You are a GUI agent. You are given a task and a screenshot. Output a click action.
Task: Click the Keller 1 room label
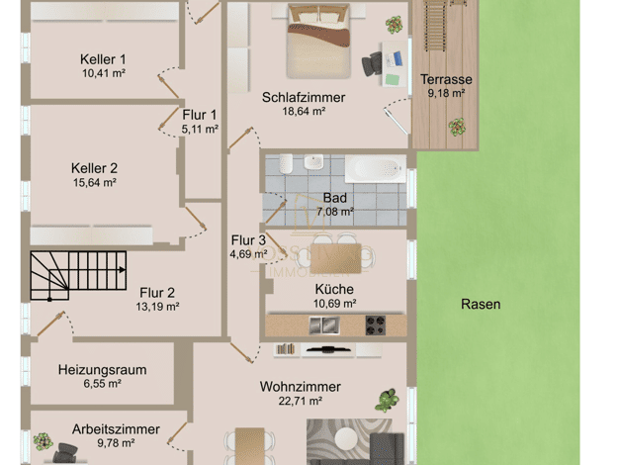103,59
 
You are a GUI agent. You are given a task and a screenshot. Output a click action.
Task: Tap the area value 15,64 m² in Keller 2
94,182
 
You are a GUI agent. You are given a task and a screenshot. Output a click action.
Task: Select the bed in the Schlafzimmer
319,42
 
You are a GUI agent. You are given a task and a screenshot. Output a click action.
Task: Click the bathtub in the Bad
376,169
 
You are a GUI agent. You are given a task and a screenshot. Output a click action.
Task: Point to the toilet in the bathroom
286,163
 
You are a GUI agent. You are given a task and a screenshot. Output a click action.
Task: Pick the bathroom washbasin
313,161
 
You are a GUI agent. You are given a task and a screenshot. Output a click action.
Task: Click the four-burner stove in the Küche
375,325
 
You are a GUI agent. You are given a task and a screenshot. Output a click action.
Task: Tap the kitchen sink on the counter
323,325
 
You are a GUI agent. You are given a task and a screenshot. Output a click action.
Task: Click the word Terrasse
446,79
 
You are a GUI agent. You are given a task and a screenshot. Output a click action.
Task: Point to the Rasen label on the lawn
481,304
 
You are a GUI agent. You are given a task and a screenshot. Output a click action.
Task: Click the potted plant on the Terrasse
457,128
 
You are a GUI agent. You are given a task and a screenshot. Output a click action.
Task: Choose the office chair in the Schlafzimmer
372,64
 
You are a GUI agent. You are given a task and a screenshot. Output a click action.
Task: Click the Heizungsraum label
102,370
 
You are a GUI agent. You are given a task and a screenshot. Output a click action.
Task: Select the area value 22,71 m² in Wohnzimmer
300,401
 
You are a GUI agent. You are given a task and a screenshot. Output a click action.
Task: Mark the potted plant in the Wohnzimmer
387,401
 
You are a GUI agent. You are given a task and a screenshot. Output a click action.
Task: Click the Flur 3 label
248,240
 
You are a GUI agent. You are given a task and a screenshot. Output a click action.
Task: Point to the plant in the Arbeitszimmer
43,441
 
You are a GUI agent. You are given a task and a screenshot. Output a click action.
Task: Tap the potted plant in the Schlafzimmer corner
394,25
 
